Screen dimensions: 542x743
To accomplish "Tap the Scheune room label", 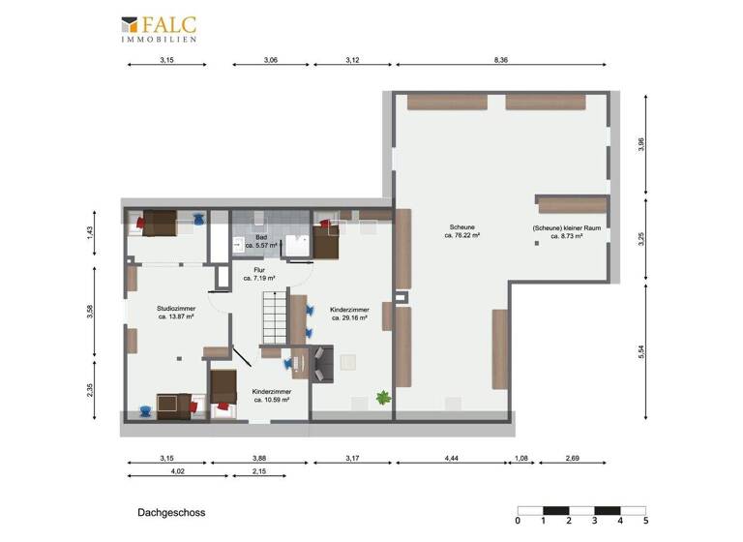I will (x=462, y=230).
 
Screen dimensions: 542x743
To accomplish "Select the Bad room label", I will (x=260, y=241).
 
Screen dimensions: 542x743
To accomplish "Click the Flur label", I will (x=259, y=274).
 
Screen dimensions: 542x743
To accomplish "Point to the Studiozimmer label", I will (x=176, y=312).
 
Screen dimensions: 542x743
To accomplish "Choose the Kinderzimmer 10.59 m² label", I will (x=271, y=396).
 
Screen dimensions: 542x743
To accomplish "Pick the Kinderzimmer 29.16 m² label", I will (x=350, y=312).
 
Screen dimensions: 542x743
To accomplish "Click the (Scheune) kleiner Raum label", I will (x=559, y=232).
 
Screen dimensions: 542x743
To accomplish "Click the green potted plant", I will (x=383, y=396).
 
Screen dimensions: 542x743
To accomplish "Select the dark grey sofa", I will (x=319, y=362).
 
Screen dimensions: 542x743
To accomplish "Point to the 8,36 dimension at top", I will (x=500, y=60).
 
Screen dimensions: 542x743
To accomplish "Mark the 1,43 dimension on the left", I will (x=90, y=231).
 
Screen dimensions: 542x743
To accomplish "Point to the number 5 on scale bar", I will (x=645, y=522).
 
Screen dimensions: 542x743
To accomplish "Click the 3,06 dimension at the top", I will (x=271, y=60).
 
